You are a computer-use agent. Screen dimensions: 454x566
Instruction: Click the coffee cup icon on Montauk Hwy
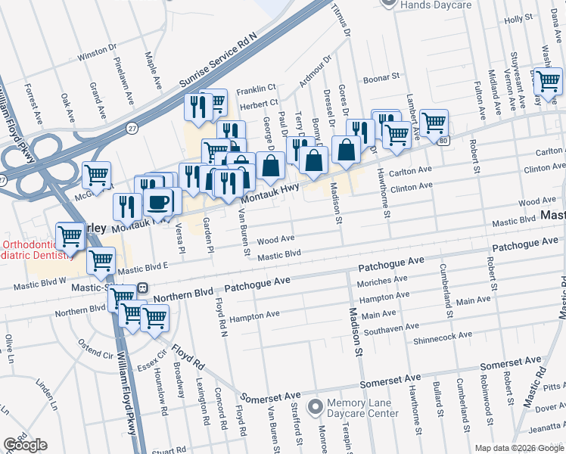[x=159, y=202]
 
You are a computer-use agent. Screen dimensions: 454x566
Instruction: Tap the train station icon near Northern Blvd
[x=141, y=289]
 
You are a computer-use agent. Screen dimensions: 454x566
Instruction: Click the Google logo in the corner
[x=25, y=445]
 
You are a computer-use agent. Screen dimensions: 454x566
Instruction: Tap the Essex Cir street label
[x=152, y=365]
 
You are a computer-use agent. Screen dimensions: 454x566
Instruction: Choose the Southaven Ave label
[x=388, y=331]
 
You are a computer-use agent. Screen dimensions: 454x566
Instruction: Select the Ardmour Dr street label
[x=315, y=69]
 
